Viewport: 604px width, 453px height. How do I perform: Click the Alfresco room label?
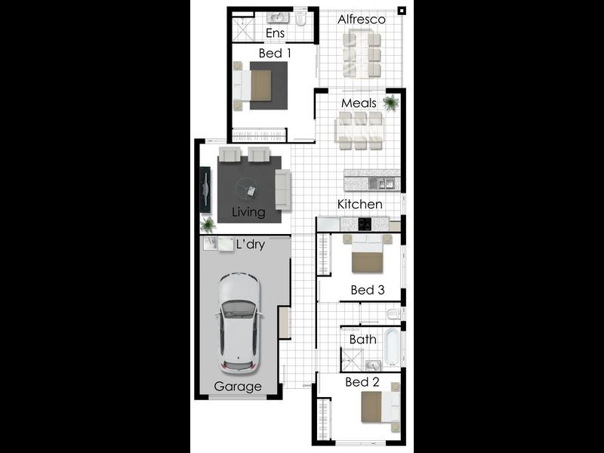pos(362,20)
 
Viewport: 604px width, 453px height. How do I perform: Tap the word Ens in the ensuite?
pos(275,33)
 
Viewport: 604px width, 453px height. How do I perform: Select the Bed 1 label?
pos(275,53)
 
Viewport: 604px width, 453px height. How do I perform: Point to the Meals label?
pos(359,103)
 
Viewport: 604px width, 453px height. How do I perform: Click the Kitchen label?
pos(360,204)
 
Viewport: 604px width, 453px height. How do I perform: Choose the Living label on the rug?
pos(248,212)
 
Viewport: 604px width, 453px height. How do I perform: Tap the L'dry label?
pos(251,245)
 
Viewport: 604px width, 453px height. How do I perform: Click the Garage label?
pos(238,387)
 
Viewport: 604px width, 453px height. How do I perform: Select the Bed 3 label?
pos(368,290)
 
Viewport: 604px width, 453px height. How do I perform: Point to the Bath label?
pos(363,339)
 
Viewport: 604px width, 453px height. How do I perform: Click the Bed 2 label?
pos(362,382)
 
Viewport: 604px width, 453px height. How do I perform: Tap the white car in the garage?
pos(239,324)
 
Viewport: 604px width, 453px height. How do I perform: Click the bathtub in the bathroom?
pos(393,347)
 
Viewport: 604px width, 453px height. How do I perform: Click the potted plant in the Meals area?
pos(390,103)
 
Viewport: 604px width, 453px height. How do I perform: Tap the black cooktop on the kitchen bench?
pos(365,223)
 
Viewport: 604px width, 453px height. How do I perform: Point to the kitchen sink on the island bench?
pos(381,183)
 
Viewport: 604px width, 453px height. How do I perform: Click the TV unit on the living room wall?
pos(205,190)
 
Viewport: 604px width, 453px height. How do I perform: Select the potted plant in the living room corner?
pos(208,225)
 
